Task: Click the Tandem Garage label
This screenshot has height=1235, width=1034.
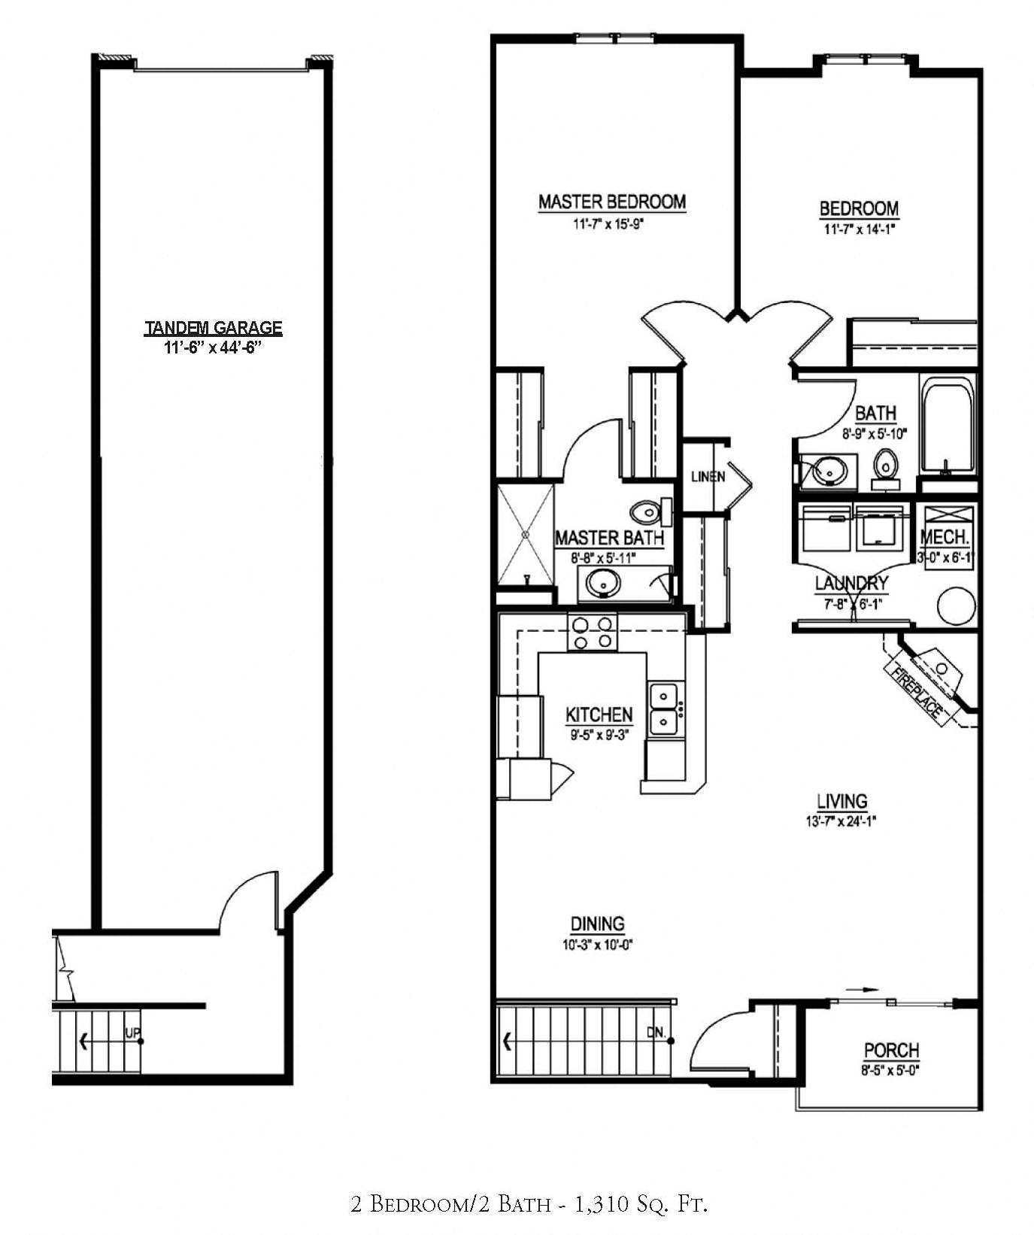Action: [x=213, y=328]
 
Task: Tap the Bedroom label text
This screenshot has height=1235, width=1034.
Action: [x=859, y=208]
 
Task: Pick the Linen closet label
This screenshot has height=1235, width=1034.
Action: [x=708, y=476]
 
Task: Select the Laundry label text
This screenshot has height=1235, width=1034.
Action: [x=851, y=583]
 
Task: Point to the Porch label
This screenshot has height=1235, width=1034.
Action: [x=891, y=1050]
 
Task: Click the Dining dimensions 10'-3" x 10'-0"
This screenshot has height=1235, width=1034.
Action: [x=598, y=945]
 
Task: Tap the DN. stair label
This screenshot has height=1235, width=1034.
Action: [x=656, y=1033]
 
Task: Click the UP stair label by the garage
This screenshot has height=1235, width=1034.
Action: [x=132, y=1034]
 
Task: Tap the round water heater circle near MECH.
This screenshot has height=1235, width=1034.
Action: [x=956, y=606]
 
